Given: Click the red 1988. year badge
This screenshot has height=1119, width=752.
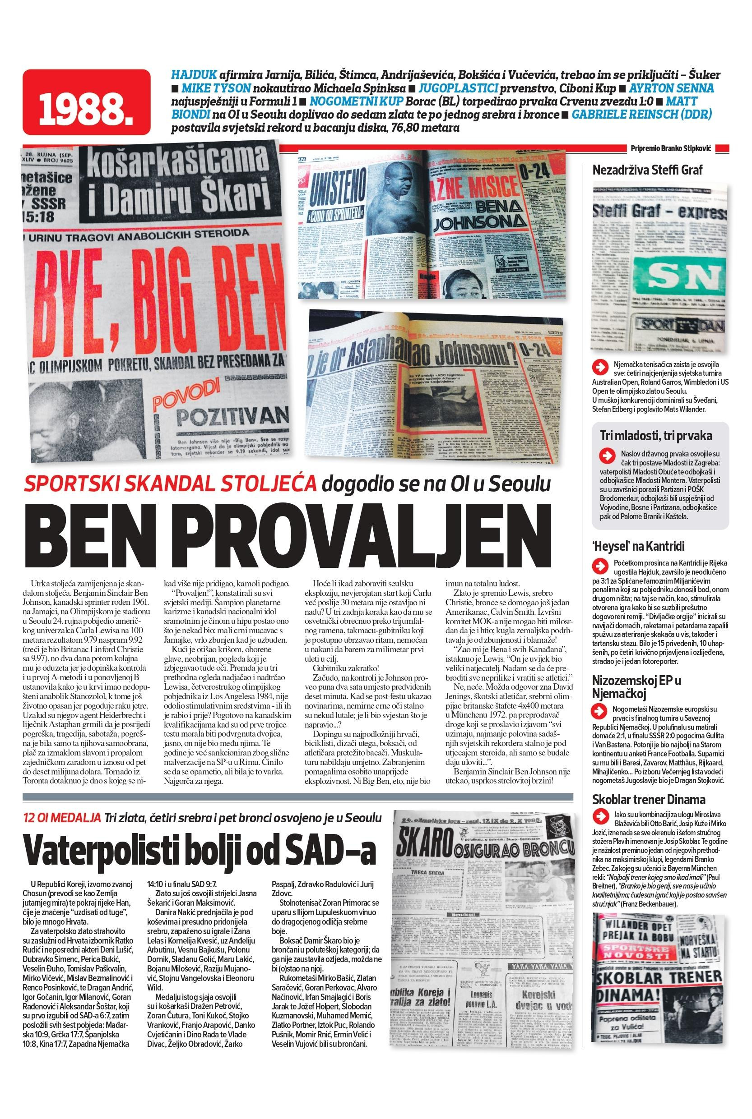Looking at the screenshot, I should coord(86,102).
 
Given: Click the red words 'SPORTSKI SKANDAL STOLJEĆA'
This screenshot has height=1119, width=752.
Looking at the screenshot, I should coord(170,484).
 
